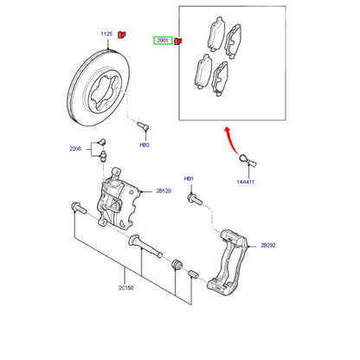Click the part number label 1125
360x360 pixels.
(106, 34)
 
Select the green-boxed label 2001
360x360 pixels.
(163, 41)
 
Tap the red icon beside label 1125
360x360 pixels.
(122, 35)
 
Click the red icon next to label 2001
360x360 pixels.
(178, 42)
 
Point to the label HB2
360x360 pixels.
(145, 145)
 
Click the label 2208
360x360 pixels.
(75, 149)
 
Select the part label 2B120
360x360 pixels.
(164, 191)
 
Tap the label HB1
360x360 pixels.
(189, 179)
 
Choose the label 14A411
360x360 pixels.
(246, 182)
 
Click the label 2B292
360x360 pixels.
(268, 246)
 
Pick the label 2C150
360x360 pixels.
(126, 288)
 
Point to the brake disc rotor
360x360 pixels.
(99, 87)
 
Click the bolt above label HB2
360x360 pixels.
(143, 126)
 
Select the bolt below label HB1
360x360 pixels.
(195, 199)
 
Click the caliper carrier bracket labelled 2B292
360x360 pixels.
(228, 262)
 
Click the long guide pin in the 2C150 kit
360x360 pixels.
(145, 246)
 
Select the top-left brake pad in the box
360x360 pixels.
(216, 34)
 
